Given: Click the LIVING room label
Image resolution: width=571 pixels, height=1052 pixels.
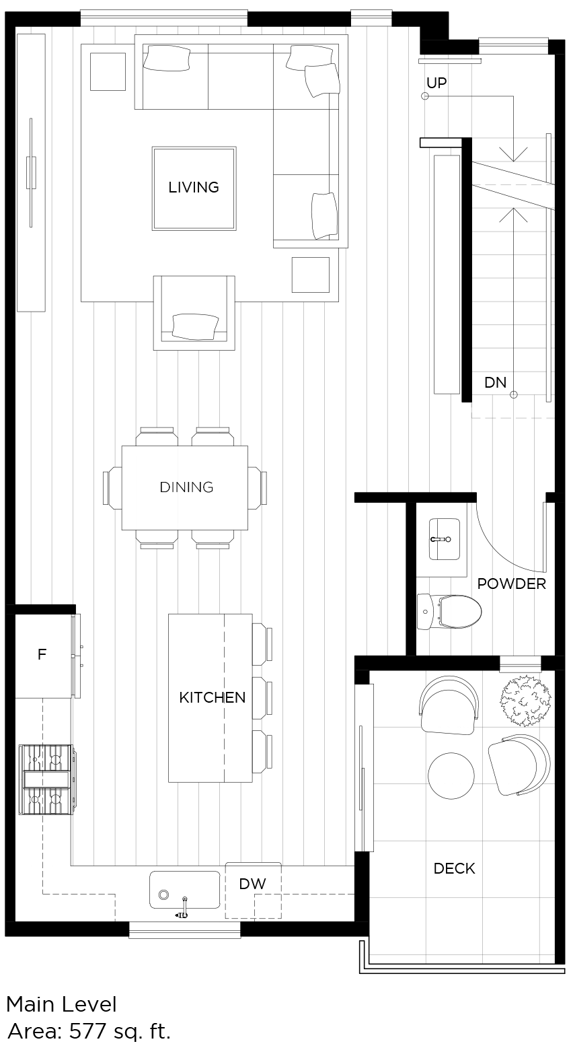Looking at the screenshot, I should click(194, 187).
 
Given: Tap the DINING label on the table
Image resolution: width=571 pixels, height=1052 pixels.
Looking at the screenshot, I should click(186, 487).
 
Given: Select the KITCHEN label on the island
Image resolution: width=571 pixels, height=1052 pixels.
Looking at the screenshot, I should click(212, 698).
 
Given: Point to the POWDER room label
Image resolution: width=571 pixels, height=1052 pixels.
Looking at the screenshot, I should click(511, 584).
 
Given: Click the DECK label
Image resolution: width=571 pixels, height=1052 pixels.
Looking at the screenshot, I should click(454, 868).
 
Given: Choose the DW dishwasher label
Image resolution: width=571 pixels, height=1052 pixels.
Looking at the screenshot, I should click(253, 884).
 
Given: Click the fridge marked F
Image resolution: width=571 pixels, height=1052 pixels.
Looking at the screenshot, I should click(42, 654).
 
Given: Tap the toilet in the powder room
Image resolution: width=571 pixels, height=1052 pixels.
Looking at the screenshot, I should click(451, 612).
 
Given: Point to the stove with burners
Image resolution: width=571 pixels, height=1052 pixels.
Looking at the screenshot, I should click(46, 779).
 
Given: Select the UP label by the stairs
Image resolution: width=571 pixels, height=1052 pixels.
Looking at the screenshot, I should click(436, 83).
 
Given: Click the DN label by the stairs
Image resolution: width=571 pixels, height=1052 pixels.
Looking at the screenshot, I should click(495, 382).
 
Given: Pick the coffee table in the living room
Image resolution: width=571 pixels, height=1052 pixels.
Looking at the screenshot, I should click(194, 188).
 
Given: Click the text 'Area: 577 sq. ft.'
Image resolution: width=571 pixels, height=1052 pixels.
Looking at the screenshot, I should click(89, 1031).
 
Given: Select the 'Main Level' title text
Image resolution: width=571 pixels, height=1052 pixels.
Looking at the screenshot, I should click(61, 1005).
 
